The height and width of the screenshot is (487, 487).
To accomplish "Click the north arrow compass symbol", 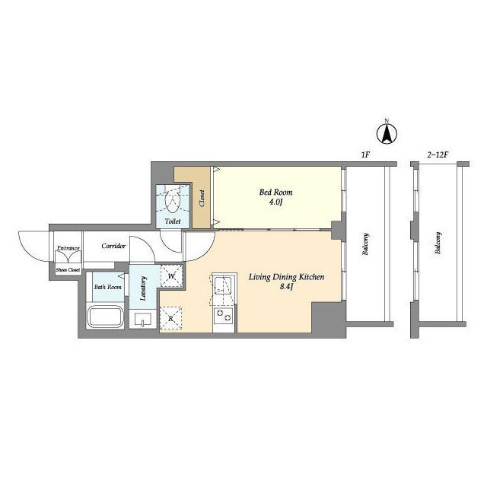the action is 387,134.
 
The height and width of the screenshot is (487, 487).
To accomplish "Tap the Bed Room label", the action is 275,193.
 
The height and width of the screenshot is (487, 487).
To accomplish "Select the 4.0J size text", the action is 275,202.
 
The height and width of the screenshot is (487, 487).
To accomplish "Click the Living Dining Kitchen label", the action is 286,277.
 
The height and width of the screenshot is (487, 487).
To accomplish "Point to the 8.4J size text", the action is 287,287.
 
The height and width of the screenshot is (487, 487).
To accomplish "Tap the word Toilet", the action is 173,221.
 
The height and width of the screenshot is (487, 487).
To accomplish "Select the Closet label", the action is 202,199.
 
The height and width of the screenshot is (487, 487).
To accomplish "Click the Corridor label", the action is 113,246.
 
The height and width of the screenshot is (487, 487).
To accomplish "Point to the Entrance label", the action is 68,248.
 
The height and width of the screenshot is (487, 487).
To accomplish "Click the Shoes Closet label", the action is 68,270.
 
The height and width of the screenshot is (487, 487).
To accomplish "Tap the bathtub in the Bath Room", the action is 105,317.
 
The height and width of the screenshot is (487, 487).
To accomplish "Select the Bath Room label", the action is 108,287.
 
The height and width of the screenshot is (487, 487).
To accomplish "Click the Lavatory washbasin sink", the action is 143,320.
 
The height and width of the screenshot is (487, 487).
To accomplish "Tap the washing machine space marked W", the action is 171,275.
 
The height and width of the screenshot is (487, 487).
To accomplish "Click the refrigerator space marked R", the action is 170,318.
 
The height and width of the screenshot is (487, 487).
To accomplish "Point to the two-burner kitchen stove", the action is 223,315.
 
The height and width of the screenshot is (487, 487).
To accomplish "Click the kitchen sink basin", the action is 223,285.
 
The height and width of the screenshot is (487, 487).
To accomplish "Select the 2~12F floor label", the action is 438,154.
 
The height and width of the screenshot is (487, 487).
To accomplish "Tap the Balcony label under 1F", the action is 365,244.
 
